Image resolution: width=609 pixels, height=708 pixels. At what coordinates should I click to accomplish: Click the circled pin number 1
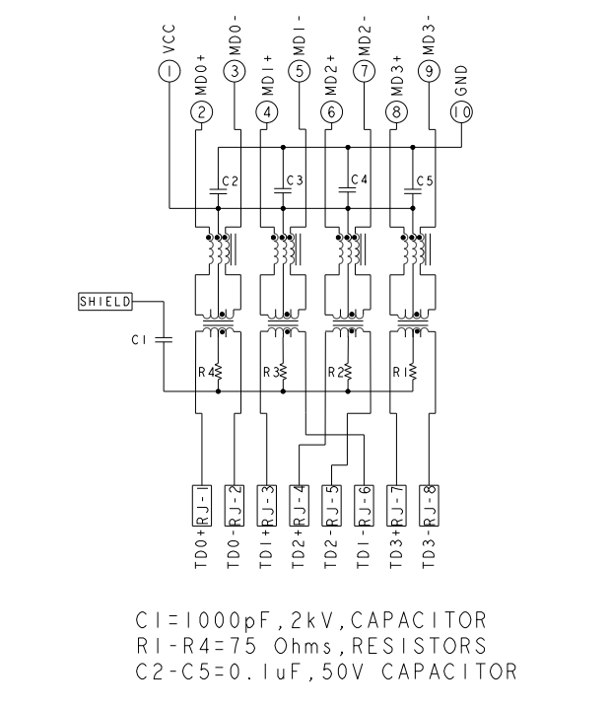pyautogui.click(x=169, y=70)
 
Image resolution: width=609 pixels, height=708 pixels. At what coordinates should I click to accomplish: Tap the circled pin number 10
pyautogui.click(x=461, y=112)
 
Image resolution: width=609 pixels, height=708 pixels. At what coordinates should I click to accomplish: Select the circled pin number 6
pyautogui.click(x=331, y=112)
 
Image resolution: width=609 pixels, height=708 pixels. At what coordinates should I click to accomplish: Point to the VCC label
pyautogui.click(x=169, y=36)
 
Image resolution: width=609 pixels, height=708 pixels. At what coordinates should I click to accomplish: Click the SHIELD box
pyautogui.click(x=104, y=301)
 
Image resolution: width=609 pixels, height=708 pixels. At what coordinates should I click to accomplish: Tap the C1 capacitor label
pyautogui.click(x=138, y=340)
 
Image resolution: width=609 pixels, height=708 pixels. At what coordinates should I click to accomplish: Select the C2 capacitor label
pyautogui.click(x=230, y=180)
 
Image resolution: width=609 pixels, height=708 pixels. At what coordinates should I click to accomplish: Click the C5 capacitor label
pyautogui.click(x=425, y=180)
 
